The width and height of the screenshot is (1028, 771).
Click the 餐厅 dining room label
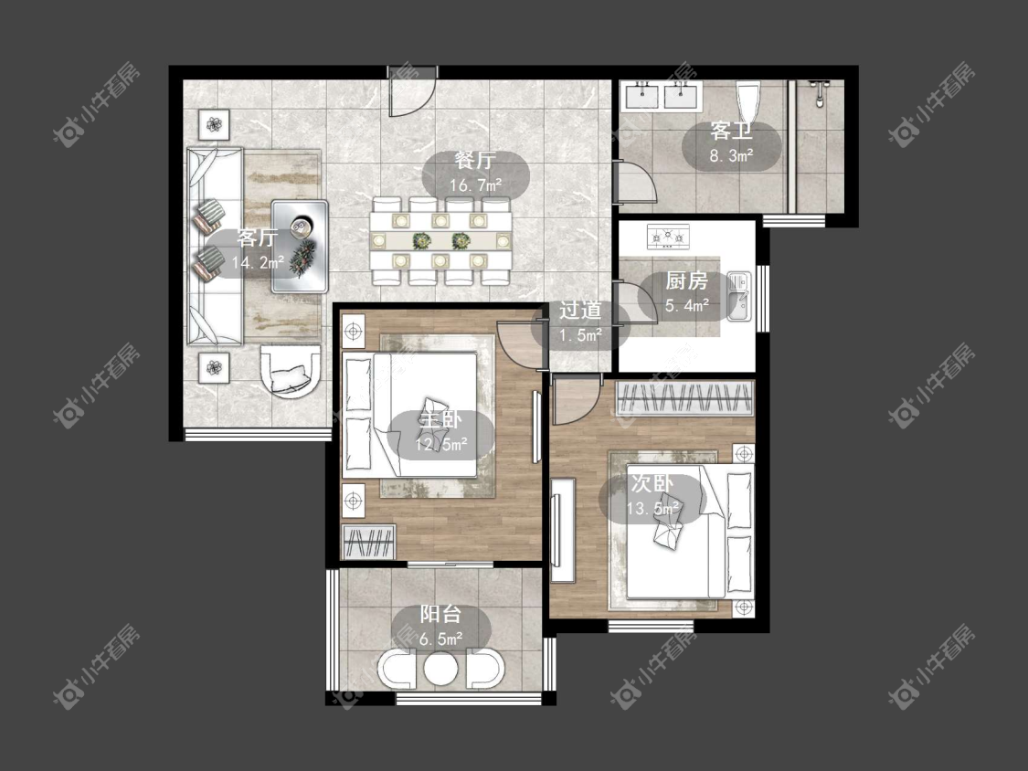(475, 161)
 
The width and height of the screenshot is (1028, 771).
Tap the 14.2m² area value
(258, 263)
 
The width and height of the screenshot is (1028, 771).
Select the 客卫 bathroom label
(731, 132)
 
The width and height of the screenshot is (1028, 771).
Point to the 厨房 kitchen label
(687, 281)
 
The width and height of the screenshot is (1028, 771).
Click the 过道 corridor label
(580, 310)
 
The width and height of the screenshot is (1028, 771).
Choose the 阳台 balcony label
(440, 614)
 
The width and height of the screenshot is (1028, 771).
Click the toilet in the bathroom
(747, 100)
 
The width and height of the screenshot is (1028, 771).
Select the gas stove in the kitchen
(668, 236)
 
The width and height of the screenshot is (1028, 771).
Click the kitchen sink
(739, 296)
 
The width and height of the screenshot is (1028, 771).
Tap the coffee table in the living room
(300, 246)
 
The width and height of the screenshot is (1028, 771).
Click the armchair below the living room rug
(291, 370)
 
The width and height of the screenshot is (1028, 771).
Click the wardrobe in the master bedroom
(368, 542)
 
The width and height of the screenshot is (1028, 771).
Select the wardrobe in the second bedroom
(684, 398)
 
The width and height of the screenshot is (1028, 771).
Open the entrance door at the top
(411, 91)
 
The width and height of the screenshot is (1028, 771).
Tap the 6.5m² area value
(440, 639)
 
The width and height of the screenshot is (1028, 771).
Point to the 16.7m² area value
(475, 185)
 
